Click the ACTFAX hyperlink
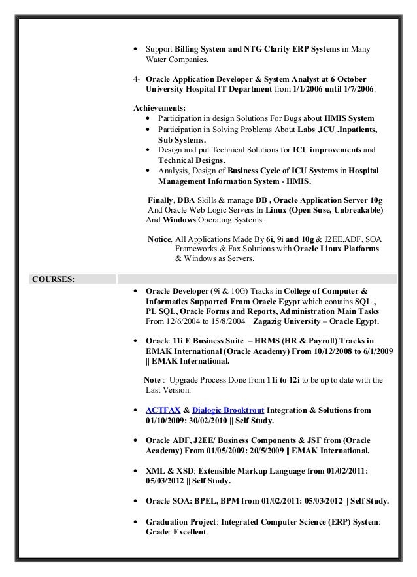coord(163,410)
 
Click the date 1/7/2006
coord(357,89)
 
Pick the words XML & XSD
coord(171,471)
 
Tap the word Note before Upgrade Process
coord(152,380)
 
